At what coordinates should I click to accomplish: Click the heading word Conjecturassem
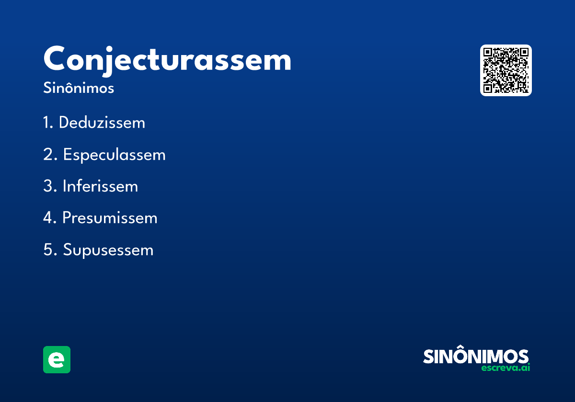[167, 60]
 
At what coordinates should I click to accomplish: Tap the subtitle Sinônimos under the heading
[79, 88]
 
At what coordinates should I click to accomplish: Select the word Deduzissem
[102, 123]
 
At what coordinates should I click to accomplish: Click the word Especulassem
[115, 155]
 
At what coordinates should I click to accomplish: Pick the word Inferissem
[100, 186]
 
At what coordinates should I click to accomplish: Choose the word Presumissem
[110, 218]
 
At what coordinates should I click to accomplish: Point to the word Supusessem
[108, 250]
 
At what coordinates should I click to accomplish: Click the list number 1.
[48, 123]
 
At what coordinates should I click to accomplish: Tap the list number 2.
[50, 154]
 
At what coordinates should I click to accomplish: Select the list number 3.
[50, 186]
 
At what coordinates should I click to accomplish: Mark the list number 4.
[50, 218]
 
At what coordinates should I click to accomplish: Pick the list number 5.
[50, 249]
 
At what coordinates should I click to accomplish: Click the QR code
[506, 70]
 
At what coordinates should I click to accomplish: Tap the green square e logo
[57, 360]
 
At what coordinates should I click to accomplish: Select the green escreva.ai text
[506, 368]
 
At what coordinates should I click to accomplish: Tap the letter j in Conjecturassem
[108, 62]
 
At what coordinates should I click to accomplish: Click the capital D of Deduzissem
[65, 123]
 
